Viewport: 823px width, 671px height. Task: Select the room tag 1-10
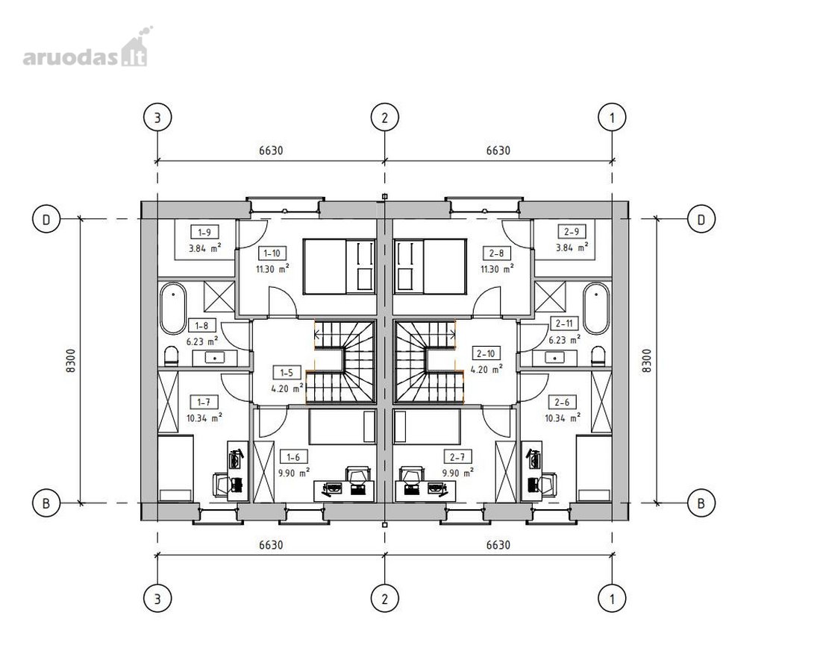(x=272, y=253)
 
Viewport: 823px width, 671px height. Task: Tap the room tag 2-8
(x=496, y=253)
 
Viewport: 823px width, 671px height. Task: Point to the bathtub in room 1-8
(x=172, y=309)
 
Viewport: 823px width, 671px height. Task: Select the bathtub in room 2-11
(x=596, y=309)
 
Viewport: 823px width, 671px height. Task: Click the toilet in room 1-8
(x=171, y=356)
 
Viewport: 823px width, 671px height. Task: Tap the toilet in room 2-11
(x=598, y=356)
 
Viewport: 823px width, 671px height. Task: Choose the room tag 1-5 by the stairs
(x=286, y=373)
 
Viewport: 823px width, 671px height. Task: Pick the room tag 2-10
(x=486, y=353)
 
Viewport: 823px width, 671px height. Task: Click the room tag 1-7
(x=204, y=403)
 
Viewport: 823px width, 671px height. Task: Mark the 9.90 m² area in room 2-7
(x=457, y=473)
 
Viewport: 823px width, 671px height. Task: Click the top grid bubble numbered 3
(x=157, y=118)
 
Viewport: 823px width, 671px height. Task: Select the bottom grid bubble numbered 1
(x=612, y=598)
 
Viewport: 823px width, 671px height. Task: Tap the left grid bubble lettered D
(x=46, y=219)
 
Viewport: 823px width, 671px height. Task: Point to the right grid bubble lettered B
(x=701, y=503)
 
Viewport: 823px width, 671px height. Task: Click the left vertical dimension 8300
(x=71, y=360)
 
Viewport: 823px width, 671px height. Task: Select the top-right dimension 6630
(x=498, y=151)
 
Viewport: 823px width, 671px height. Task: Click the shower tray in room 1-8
(x=219, y=297)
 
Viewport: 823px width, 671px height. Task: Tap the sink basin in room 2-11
(x=555, y=358)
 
